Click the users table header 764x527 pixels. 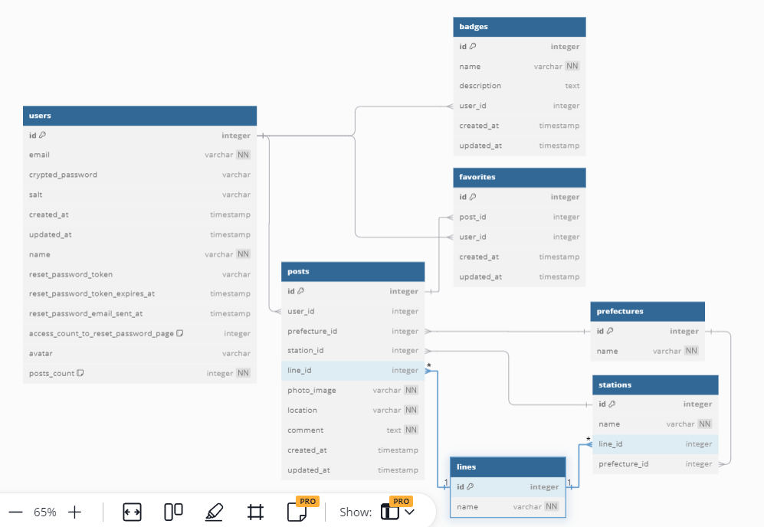click(139, 116)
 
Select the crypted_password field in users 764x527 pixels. click(63, 175)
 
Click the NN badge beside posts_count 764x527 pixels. click(243, 373)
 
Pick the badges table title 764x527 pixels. click(519, 27)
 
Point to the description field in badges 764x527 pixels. click(480, 86)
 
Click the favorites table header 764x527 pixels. click(519, 177)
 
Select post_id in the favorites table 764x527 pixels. click(473, 217)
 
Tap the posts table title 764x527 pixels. click(352, 271)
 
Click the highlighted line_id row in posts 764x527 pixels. click(352, 371)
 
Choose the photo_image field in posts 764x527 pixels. click(312, 390)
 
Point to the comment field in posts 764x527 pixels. click(306, 430)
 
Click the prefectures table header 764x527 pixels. click(648, 311)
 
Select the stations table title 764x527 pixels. click(655, 385)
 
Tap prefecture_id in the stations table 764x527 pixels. click(624, 463)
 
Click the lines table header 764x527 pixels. click(507, 466)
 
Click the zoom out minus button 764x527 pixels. click(15, 512)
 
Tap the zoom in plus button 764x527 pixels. click(75, 512)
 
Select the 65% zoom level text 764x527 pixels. click(45, 512)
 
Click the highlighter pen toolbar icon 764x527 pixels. click(215, 512)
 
